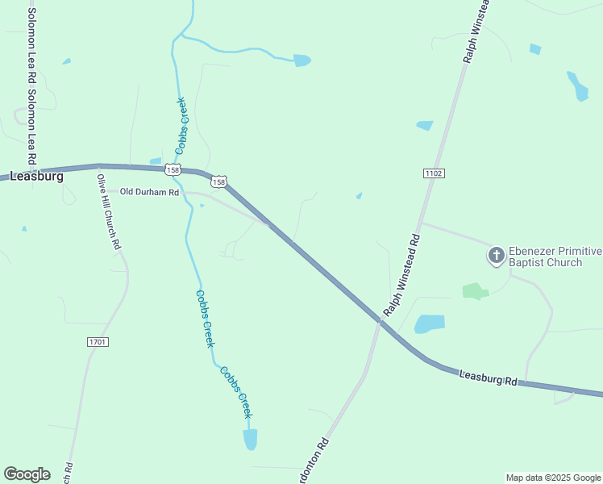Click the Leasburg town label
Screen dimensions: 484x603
pyautogui.click(x=36, y=176)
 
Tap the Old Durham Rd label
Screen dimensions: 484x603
pyautogui.click(x=149, y=192)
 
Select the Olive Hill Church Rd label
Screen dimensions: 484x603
pyautogui.click(x=108, y=211)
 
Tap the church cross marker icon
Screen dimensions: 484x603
pyautogui.click(x=497, y=257)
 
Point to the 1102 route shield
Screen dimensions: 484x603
pyautogui.click(x=433, y=173)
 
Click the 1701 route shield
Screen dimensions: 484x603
pyautogui.click(x=98, y=342)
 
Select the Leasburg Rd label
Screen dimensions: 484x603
pyautogui.click(x=487, y=377)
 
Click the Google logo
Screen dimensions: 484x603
pyautogui.click(x=27, y=474)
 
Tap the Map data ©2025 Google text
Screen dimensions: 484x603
pyautogui.click(x=553, y=478)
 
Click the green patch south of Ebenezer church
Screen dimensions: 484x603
pyautogui.click(x=475, y=290)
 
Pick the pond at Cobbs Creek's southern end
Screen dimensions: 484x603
pyautogui.click(x=250, y=440)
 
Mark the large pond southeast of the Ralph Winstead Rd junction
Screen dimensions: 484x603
pyautogui.click(x=429, y=324)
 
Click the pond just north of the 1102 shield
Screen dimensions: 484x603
pyautogui.click(x=425, y=125)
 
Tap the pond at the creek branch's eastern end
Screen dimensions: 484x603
pyautogui.click(x=302, y=60)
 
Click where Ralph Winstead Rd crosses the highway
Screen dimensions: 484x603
pyautogui.click(x=378, y=320)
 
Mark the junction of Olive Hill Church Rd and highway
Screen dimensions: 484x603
pyautogui.click(x=98, y=167)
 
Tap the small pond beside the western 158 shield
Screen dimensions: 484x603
pyautogui.click(x=156, y=161)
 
